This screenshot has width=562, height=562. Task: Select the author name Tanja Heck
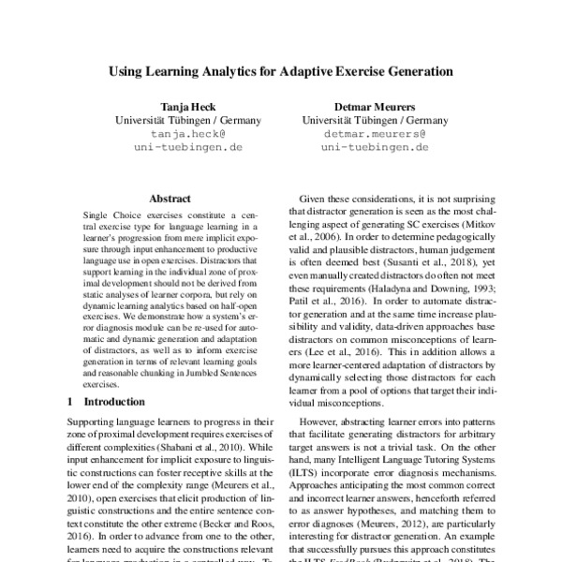coord(188,106)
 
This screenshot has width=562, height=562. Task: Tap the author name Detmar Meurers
coord(374,106)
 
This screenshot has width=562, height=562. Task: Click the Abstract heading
coord(170,199)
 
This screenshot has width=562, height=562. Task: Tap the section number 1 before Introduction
coord(70,401)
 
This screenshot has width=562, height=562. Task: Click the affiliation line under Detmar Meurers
coord(374,120)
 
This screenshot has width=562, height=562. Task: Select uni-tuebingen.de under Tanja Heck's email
coord(188,147)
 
